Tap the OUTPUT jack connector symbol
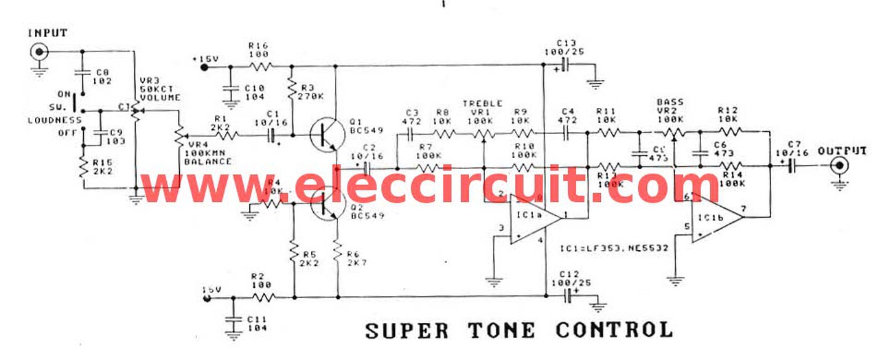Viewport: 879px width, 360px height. tap(839, 165)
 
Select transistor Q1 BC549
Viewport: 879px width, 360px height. tap(323, 135)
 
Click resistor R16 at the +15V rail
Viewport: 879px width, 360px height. tap(260, 67)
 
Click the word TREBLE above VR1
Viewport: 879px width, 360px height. tap(483, 104)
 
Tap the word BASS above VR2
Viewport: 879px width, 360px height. tap(670, 102)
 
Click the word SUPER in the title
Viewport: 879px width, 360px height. tap(406, 330)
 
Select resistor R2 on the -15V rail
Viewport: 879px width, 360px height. tap(264, 297)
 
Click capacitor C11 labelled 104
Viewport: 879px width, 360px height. tap(234, 320)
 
